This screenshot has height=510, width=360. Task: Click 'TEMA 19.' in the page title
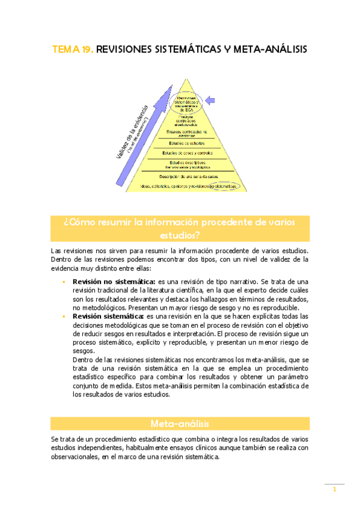(x=73, y=51)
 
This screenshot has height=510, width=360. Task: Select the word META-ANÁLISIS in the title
(x=264, y=51)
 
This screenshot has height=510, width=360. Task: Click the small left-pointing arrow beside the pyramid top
(x=211, y=100)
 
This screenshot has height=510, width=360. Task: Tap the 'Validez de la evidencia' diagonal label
(x=130, y=131)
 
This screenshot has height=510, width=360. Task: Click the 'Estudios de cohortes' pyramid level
(x=187, y=143)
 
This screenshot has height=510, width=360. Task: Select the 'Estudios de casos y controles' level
(x=187, y=153)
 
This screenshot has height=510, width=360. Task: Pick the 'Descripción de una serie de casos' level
(x=188, y=176)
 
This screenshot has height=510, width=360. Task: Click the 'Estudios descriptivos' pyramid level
(x=188, y=164)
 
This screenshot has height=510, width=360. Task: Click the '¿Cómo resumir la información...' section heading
(x=180, y=229)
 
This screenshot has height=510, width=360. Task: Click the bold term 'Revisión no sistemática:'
(x=114, y=281)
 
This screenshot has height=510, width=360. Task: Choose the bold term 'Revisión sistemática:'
(x=108, y=316)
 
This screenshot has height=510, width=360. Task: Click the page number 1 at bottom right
(x=334, y=490)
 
